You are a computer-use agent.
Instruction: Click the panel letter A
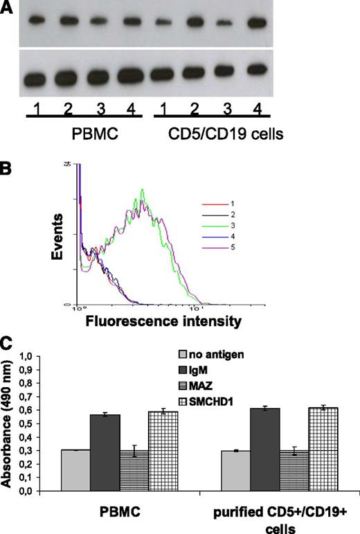tap(8, 8)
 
